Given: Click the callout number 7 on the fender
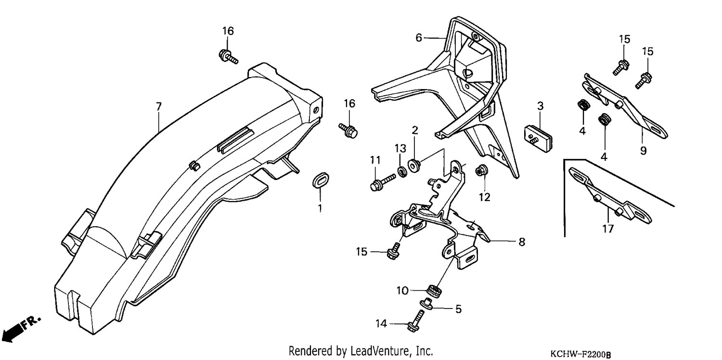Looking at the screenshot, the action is (158, 106).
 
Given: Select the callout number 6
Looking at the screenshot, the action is (418, 38).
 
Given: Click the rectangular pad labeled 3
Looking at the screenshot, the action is (538, 139).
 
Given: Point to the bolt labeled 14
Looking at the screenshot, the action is (415, 321).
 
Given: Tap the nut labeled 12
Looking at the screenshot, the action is (481, 170).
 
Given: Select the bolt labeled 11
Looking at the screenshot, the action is (382, 182).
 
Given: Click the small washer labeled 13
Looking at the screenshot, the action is (401, 172).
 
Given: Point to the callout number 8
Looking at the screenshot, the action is (522, 242).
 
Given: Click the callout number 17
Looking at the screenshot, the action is (608, 229).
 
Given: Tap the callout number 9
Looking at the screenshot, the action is (643, 151).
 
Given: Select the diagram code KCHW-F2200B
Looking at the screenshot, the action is (580, 354).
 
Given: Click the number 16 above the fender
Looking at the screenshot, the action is (228, 31).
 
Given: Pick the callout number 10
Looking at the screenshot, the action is (402, 291).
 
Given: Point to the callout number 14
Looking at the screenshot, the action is (381, 323).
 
